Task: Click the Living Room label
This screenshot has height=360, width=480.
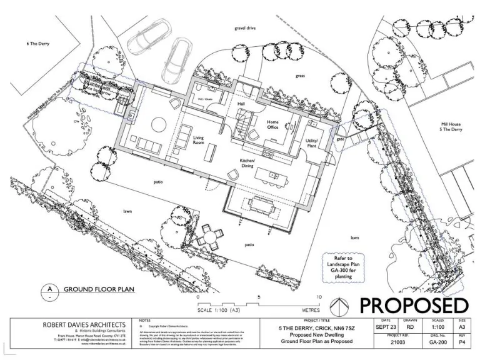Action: [198, 140]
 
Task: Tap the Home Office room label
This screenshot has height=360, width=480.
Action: [272, 125]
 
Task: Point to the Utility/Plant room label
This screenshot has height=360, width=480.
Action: [312, 143]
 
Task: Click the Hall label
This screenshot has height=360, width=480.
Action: [241, 103]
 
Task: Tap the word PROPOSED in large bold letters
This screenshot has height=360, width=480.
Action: [413, 306]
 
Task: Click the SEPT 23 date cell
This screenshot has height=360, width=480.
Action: [384, 327]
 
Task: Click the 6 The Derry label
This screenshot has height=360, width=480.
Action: [37, 44]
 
